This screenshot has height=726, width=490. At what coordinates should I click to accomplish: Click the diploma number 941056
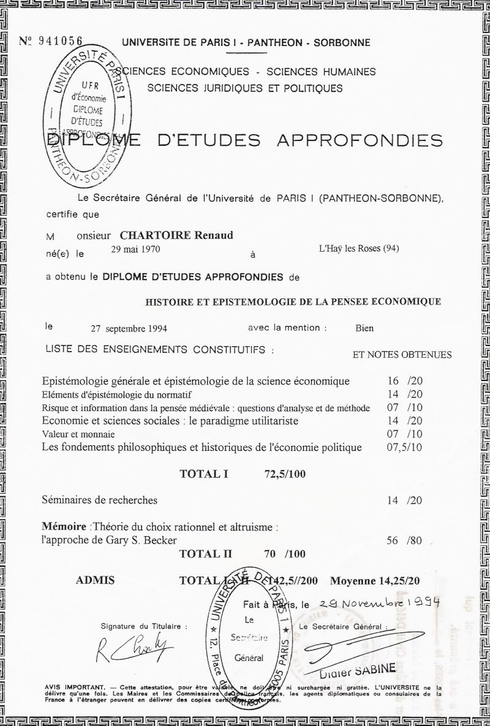60,41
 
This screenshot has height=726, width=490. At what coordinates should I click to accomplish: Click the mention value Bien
364,328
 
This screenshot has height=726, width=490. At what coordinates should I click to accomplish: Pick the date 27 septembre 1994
129,328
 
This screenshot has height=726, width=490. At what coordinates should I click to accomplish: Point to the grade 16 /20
405,380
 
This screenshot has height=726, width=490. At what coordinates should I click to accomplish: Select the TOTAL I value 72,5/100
284,474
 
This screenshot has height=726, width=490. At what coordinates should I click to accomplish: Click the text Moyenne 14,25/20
375,580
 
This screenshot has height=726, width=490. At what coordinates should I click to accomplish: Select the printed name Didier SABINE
354,670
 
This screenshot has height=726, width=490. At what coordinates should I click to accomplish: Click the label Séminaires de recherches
99,500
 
